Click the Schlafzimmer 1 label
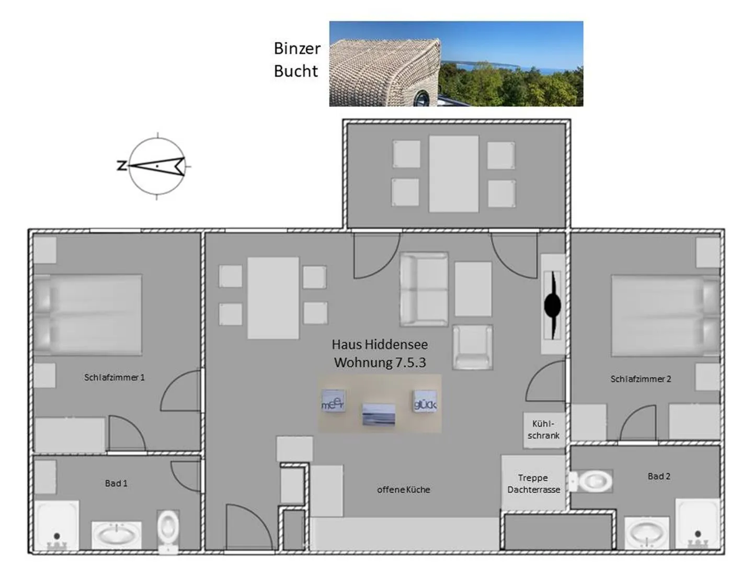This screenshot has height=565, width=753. click(x=114, y=377)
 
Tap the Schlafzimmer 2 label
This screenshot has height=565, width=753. click(x=640, y=379)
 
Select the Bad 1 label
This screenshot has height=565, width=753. click(x=116, y=483)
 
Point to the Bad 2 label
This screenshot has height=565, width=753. click(x=659, y=476)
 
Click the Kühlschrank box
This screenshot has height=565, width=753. click(x=544, y=430)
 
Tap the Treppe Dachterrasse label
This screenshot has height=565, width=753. click(x=533, y=484)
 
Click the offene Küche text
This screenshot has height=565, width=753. click(x=403, y=490)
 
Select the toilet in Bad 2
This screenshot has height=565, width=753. click(x=590, y=481)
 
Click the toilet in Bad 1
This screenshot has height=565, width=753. click(x=168, y=532)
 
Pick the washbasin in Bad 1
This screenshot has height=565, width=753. click(x=116, y=536)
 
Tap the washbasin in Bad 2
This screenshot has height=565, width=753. click(x=646, y=533)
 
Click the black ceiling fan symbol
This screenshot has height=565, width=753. click(x=552, y=305)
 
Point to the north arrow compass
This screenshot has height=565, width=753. click(x=156, y=166)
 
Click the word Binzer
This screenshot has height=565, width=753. click(x=297, y=48)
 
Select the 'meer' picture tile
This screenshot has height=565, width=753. click(x=333, y=401)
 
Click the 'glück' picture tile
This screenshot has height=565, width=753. click(x=425, y=401)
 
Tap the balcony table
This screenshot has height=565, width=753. click(x=453, y=174)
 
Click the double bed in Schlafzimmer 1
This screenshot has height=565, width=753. click(x=87, y=314)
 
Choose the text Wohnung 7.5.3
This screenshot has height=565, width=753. click(x=380, y=362)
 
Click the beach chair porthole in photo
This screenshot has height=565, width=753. click(x=421, y=98)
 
